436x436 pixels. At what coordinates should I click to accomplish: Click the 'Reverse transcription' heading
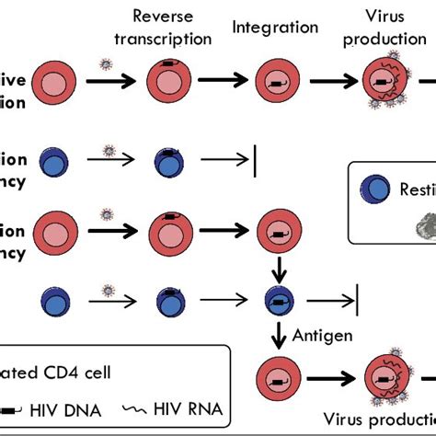(x=172, y=27)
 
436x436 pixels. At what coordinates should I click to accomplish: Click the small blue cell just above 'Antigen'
(x=276, y=299)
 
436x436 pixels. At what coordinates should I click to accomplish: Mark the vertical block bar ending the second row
(x=254, y=160)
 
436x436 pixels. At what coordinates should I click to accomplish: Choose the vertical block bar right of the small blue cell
(x=356, y=298)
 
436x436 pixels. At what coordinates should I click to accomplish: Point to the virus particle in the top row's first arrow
(x=106, y=64)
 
